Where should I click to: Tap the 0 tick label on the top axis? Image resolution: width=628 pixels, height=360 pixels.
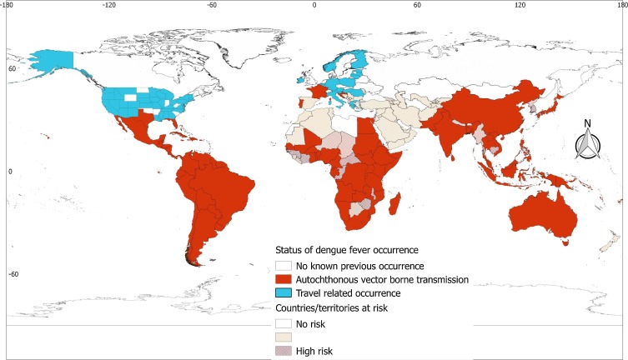[314, 5]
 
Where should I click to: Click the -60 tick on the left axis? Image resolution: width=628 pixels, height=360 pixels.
[11, 274]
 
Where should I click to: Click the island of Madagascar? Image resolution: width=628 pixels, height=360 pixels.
[395, 205]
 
